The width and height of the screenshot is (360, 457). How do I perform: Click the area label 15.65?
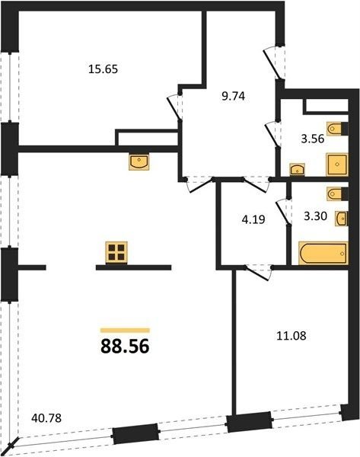click(x=103, y=69)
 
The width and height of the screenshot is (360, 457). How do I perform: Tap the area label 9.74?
click(x=234, y=96)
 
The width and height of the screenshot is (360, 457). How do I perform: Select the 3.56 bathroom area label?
click(x=313, y=139)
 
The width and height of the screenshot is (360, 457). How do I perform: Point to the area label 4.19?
click(x=253, y=219)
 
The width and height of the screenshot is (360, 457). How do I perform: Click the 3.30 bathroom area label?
click(x=315, y=216)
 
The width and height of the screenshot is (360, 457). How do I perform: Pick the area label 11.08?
click(x=291, y=336)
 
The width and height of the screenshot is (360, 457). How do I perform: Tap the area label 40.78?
click(x=46, y=418)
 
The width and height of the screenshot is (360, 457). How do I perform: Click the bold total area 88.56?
click(x=125, y=347)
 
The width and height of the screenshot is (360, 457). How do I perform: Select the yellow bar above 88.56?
click(x=125, y=331)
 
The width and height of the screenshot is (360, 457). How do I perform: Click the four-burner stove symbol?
click(x=116, y=252)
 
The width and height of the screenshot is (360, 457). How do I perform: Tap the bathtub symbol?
click(x=323, y=254)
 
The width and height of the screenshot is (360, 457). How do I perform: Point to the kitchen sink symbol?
click(x=139, y=161)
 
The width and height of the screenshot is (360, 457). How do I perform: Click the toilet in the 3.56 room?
click(x=337, y=129)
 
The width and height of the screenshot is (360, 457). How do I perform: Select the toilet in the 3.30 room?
click(x=337, y=193)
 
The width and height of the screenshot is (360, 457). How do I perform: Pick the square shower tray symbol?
click(x=337, y=165)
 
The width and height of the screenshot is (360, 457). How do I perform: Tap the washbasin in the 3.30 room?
click(x=342, y=219)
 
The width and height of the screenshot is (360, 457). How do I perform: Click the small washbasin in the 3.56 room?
click(x=297, y=170)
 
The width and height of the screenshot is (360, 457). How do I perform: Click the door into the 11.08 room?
click(x=259, y=273)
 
